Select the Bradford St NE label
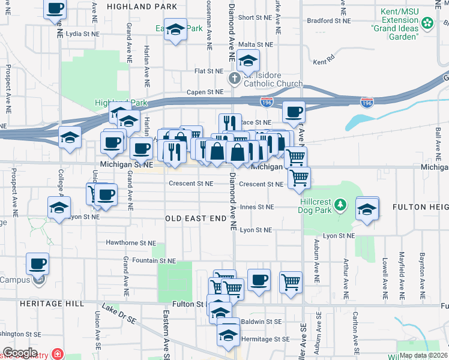pos(328,20)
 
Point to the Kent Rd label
pos(322,62)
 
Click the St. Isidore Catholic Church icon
pos(235,78)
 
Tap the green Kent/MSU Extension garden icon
pos(427,23)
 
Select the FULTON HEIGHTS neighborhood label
pos(420,207)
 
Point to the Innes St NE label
pos(256,207)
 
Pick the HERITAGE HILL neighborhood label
pos(43,304)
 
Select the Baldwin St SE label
pos(261,322)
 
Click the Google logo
pos(20,353)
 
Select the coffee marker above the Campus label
pos(37,265)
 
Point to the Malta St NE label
pos(256,44)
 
